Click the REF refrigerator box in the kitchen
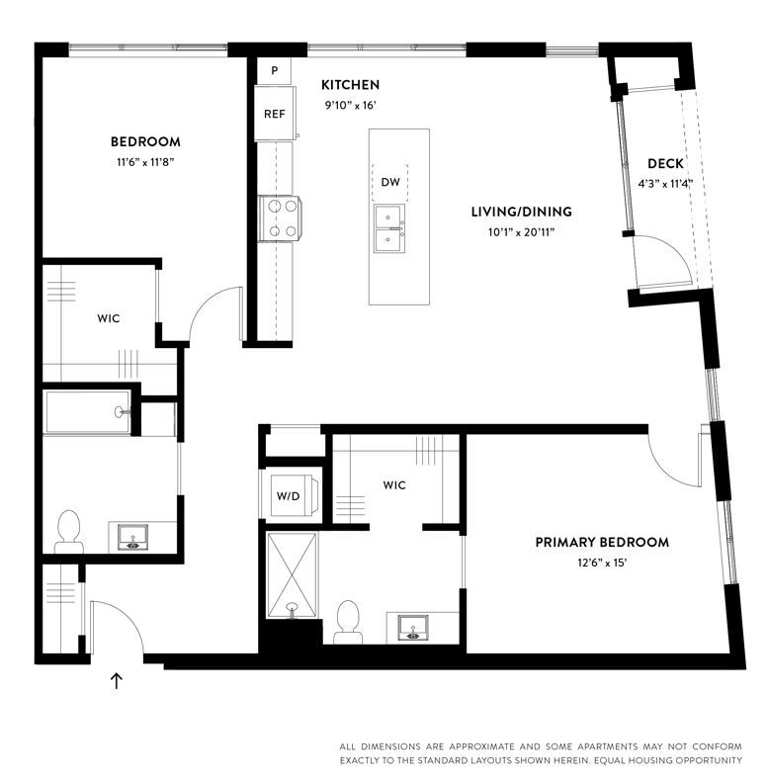tap(274, 113)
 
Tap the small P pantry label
tap(274, 71)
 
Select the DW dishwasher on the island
tap(390, 182)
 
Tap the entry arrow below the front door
tap(117, 680)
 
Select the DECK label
tap(665, 163)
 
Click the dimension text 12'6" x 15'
tap(601, 563)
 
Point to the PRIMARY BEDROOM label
tap(602, 542)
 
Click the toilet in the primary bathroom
tap(347, 620)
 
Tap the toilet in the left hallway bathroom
tap(68, 531)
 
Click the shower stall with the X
tap(292, 574)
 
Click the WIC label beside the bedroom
tap(109, 318)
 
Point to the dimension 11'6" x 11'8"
tap(144, 162)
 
